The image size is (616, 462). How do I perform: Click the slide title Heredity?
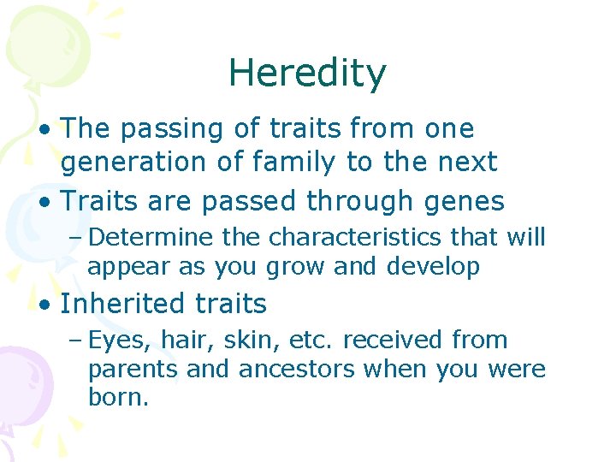click(307, 74)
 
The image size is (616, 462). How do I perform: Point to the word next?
click(465, 162)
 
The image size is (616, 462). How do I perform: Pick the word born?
click(118, 399)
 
